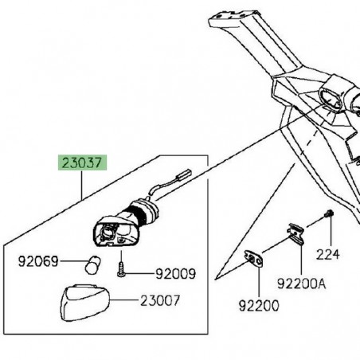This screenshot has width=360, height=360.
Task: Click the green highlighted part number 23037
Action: pos(82,165)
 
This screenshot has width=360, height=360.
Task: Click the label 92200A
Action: pos(300,281)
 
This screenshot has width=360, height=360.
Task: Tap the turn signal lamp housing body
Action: pos(111,233)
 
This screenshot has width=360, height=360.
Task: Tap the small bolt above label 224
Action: pos(327,216)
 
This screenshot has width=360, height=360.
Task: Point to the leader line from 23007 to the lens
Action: pos(135,302)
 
